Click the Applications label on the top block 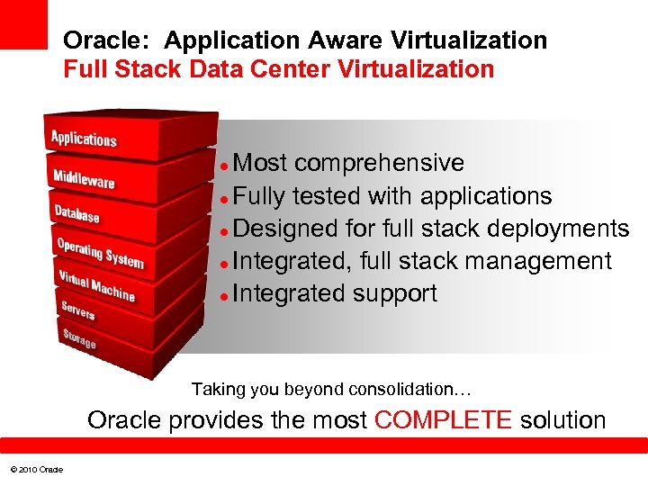(84, 139)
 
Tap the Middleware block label (84, 177)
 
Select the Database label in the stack (76, 213)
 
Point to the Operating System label (100, 253)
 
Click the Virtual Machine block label (96, 284)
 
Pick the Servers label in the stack (78, 311)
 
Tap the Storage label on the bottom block (79, 338)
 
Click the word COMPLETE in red (443, 420)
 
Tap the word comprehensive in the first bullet (379, 163)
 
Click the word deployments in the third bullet (558, 229)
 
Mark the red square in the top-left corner (23, 23)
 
